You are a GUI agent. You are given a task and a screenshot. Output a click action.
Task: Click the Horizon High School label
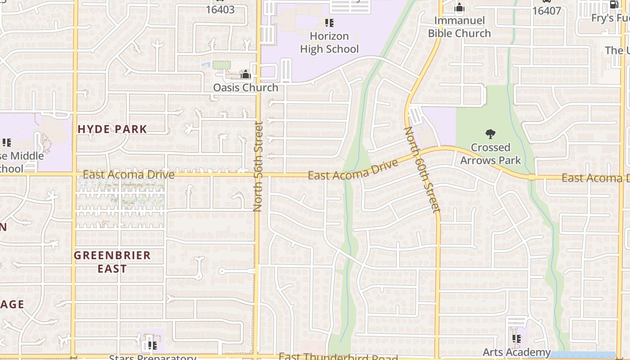(329, 43)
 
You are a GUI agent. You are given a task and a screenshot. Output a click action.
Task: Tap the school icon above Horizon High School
(329, 22)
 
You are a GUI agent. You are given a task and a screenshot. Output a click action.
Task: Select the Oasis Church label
(246, 87)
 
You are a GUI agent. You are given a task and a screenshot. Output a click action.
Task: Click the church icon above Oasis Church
(246, 74)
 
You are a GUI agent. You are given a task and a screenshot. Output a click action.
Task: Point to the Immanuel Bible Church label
(459, 27)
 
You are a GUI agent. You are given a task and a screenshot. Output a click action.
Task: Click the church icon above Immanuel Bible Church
(459, 8)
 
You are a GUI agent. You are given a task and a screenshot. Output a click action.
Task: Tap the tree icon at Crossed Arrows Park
(490, 134)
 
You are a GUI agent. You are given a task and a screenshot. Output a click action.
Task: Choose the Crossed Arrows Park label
(490, 154)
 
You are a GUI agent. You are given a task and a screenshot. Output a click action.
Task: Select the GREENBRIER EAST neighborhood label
(112, 262)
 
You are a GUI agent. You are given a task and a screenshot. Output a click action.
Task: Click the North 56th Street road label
(258, 166)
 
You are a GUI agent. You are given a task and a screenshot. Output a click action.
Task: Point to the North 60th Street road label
(422, 169)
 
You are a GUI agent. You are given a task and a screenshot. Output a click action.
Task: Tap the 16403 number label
(220, 9)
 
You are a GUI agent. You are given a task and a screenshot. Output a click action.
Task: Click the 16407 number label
(546, 10)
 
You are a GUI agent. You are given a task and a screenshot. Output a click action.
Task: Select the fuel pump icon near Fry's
(614, 4)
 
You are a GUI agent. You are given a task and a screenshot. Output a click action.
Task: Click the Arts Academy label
(517, 352)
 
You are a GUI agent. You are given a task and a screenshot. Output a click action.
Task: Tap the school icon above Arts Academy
(517, 338)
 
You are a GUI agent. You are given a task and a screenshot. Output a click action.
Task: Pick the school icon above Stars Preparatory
(152, 346)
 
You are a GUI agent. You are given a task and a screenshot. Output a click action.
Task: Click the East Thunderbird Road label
(338, 357)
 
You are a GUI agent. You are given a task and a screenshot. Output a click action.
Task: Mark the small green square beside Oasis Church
(221, 65)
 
